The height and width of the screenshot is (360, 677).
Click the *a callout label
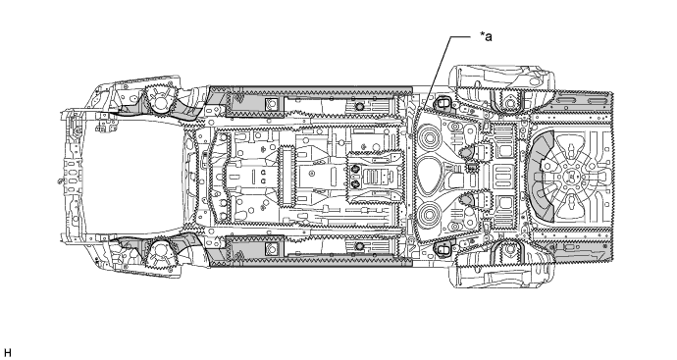pyautogui.click(x=486, y=36)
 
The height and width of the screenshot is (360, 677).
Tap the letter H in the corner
pyautogui.click(x=7, y=353)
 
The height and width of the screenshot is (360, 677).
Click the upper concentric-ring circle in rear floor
pyautogui.click(x=430, y=138)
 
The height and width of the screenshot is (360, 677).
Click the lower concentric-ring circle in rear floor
pyautogui.click(x=430, y=215)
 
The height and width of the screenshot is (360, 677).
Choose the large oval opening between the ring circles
pyautogui.click(x=430, y=177)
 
